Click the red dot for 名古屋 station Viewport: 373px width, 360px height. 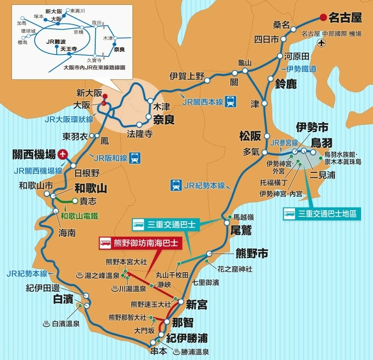pyautogui.click(x=323, y=18)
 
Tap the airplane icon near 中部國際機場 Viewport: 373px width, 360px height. pyautogui.click(x=322, y=43)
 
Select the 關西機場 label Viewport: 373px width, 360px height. pyautogui.click(x=35, y=155)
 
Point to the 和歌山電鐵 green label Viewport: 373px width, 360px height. pyautogui.click(x=79, y=216)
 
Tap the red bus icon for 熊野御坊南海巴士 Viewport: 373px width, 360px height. pyautogui.click(x=105, y=243)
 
